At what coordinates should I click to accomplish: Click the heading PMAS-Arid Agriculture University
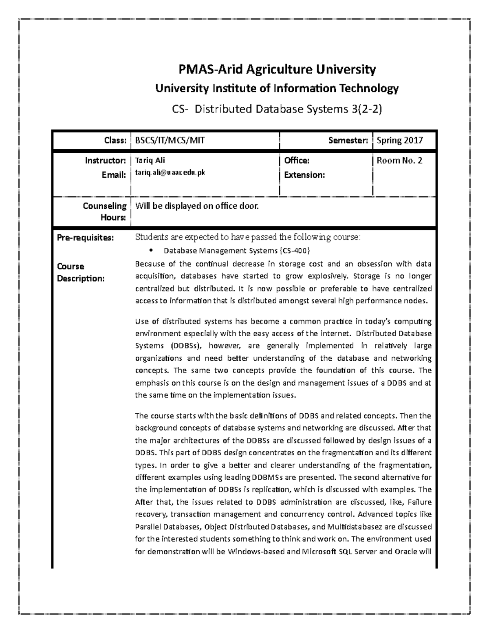coord(277,70)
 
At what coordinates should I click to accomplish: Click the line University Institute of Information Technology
coord(277,88)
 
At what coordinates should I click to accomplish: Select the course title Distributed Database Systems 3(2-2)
coord(289,109)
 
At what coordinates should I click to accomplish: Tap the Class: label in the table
coord(115,141)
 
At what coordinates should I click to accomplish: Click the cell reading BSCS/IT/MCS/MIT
coord(170,141)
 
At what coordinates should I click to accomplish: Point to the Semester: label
coord(348,141)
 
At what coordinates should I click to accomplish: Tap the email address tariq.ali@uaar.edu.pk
coord(170,173)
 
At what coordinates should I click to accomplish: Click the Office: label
coord(297,161)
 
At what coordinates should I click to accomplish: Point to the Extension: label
coord(304,175)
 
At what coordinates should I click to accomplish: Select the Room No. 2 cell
coord(399,161)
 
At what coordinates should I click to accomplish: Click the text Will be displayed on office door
coord(197,206)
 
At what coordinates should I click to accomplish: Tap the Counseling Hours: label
coord(105,212)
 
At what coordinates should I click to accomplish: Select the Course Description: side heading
coord(81,272)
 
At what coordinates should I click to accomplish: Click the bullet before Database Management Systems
coord(151,250)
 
